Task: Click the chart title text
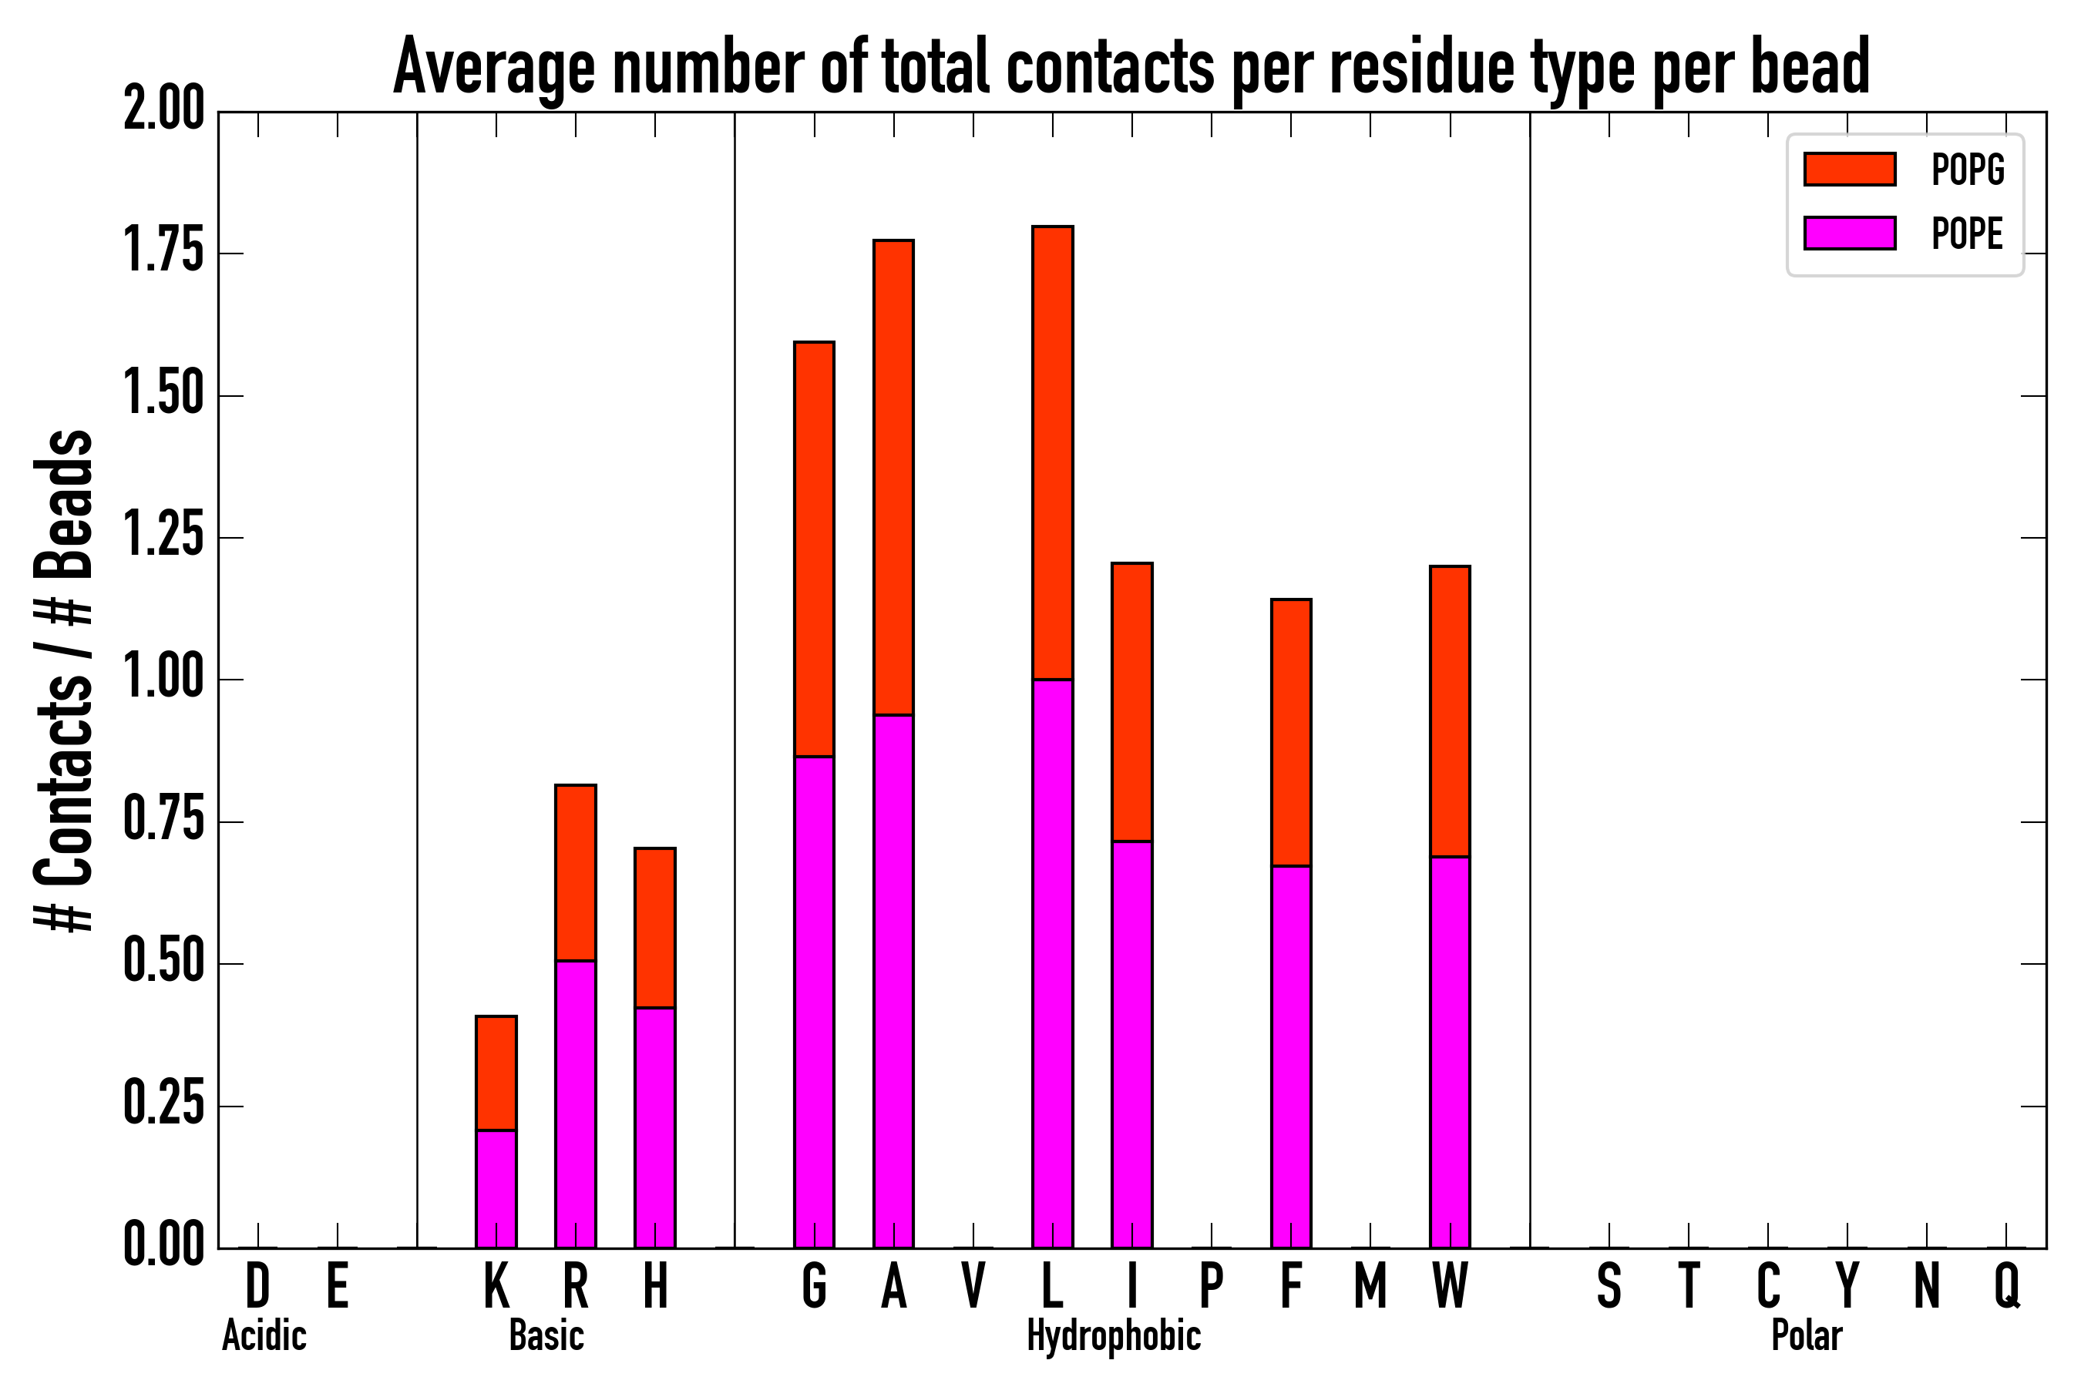(x=1131, y=67)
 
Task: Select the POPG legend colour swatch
(x=1849, y=169)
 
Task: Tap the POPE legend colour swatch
(x=1849, y=233)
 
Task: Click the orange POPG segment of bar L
(x=1052, y=453)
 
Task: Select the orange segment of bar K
(x=496, y=1073)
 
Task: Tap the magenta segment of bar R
(x=575, y=1104)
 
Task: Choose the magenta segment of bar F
(x=1291, y=1056)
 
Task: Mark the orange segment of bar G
(x=814, y=549)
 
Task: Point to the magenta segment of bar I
(x=1131, y=1044)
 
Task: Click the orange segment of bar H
(x=654, y=928)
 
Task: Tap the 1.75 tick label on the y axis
(x=163, y=253)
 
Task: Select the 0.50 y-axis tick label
(x=163, y=963)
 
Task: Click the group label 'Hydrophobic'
(x=1113, y=1335)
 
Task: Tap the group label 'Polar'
(x=1807, y=1335)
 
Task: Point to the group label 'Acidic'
(x=264, y=1335)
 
